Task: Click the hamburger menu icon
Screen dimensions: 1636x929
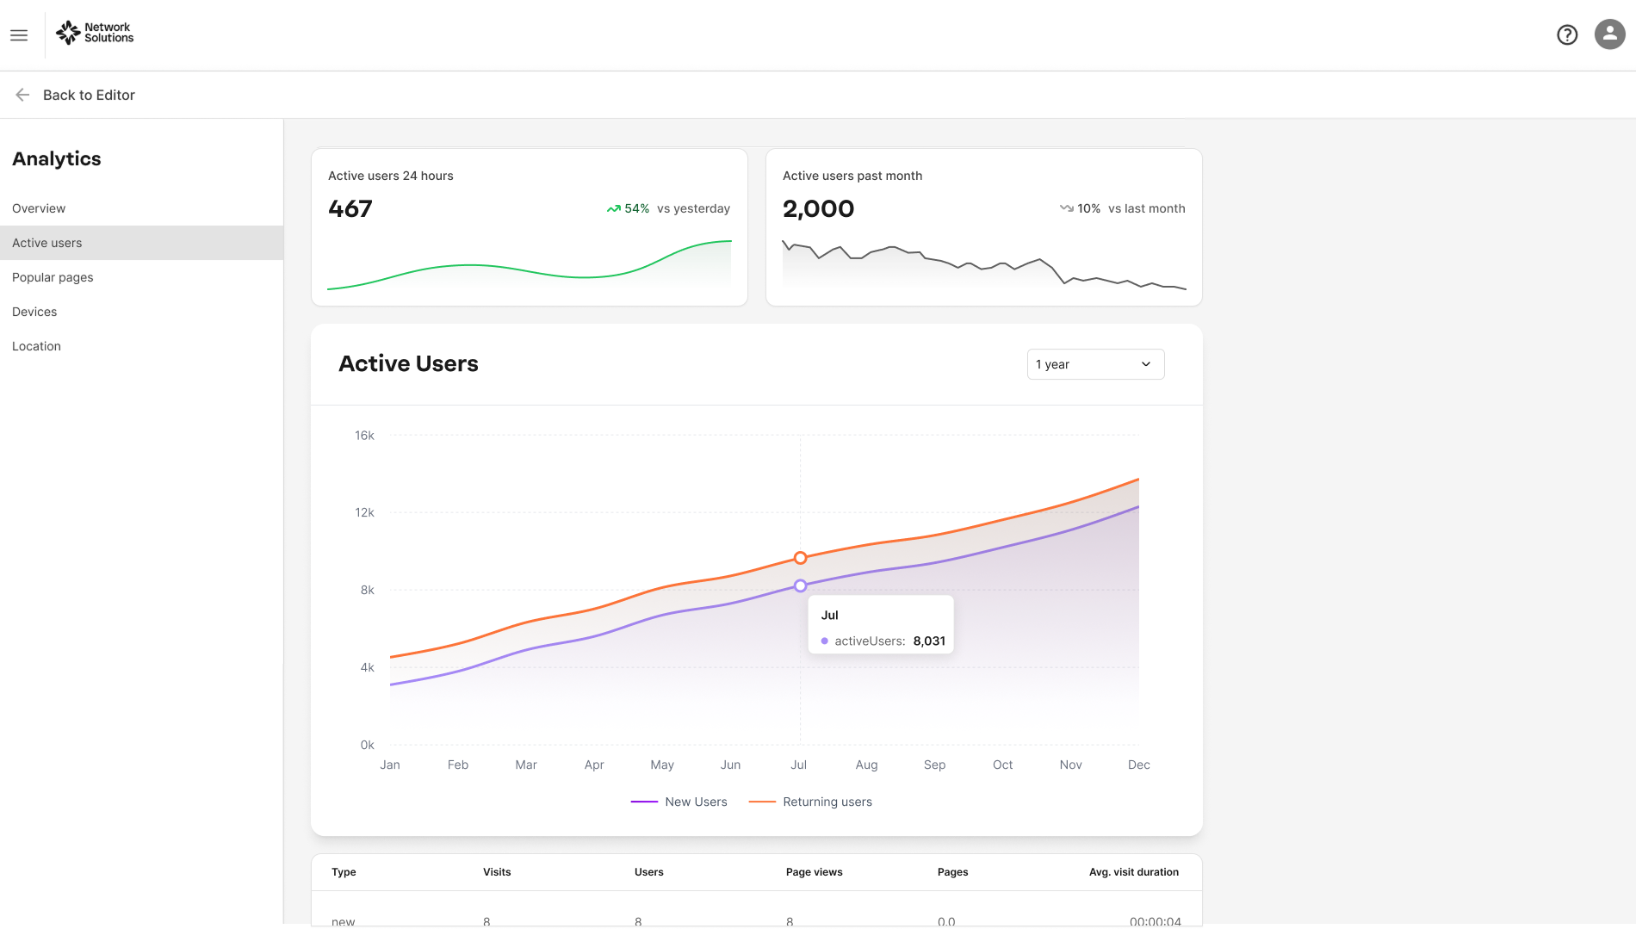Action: (x=19, y=35)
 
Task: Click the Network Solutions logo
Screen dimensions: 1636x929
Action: (x=95, y=33)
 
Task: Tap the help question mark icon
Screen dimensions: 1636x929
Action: (x=1567, y=34)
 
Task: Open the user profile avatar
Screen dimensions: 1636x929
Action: (x=1609, y=34)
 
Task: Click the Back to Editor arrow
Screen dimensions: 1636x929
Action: (x=22, y=95)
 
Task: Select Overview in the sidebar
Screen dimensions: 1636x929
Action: (x=39, y=208)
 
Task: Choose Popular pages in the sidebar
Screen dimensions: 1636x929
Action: (x=53, y=277)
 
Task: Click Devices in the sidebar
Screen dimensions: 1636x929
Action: (x=34, y=312)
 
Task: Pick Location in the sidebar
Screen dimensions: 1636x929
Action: (x=36, y=346)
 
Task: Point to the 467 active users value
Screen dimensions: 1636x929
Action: (x=350, y=208)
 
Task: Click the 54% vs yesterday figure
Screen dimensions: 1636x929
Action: (x=668, y=208)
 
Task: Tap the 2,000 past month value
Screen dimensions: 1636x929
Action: (x=818, y=208)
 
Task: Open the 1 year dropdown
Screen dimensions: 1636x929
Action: (x=1095, y=364)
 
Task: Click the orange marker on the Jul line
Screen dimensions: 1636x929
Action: (x=800, y=558)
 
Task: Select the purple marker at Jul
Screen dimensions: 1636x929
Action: (x=800, y=585)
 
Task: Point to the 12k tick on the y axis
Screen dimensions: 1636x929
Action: (x=364, y=512)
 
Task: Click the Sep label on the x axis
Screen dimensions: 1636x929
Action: (x=934, y=765)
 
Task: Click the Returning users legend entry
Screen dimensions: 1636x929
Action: (x=810, y=802)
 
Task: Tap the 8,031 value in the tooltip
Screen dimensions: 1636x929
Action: (x=929, y=641)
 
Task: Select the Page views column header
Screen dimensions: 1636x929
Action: (x=814, y=872)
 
